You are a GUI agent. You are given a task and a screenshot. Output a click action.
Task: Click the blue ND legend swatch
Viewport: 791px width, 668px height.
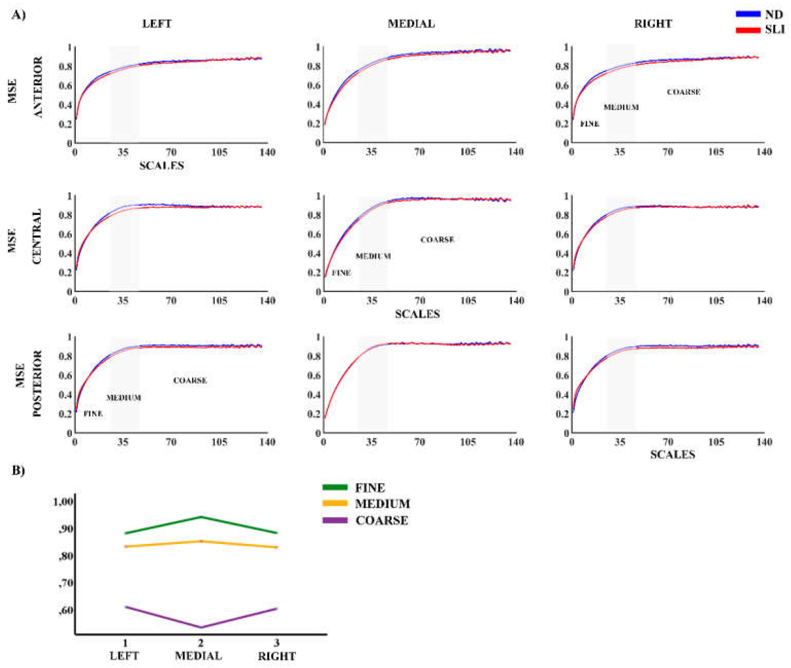pos(748,14)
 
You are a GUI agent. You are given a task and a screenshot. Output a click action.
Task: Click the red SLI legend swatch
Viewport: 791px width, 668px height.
pos(748,30)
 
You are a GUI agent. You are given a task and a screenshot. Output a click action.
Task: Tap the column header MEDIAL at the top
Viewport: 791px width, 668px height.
pos(411,24)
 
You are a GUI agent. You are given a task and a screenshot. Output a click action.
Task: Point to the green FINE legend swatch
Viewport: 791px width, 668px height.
pos(334,487)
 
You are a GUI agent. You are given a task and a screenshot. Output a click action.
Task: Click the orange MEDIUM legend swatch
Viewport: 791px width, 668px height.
pos(334,503)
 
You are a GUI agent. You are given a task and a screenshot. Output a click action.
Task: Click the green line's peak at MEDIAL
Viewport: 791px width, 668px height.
pos(201,517)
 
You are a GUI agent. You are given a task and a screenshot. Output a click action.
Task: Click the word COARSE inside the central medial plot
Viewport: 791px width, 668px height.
pos(437,240)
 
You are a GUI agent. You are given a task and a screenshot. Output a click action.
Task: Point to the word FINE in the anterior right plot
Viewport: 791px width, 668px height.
pos(590,124)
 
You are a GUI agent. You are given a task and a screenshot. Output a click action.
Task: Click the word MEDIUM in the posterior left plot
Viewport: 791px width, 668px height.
pos(123,398)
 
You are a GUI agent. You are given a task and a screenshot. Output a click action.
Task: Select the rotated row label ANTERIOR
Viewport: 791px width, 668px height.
pos(38,87)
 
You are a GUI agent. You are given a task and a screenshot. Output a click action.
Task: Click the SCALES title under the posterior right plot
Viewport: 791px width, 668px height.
pos(672,454)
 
